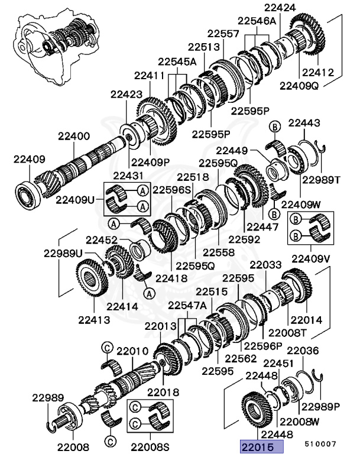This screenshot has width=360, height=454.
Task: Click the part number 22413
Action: [x=95, y=320]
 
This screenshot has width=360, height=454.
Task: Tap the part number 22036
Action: [x=303, y=350]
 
